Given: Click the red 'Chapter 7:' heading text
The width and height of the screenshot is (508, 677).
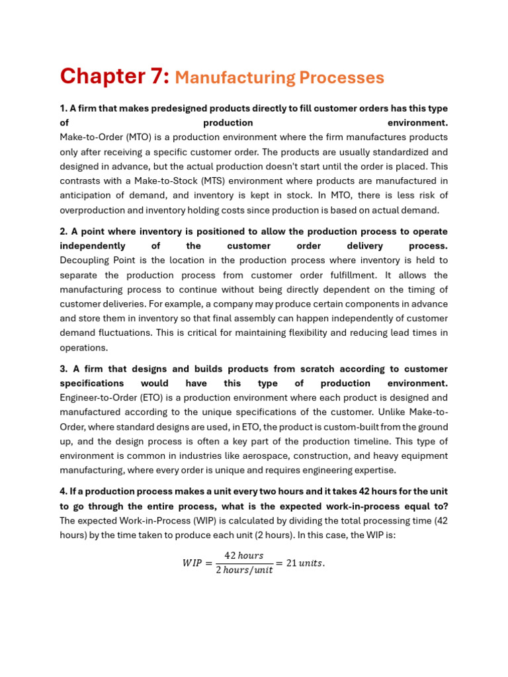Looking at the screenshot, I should point(114,77).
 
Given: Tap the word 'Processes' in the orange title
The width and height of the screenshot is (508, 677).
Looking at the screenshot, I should point(341,78).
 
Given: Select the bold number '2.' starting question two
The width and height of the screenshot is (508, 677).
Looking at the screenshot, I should point(64,231).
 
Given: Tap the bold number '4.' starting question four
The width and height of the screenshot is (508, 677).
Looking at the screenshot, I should point(64,492).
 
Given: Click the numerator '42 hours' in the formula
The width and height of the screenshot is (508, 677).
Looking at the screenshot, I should point(243,555).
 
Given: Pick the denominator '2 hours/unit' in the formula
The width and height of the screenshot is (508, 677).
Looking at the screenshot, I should point(243,570).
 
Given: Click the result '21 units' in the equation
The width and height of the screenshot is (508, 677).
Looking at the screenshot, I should point(304,563).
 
